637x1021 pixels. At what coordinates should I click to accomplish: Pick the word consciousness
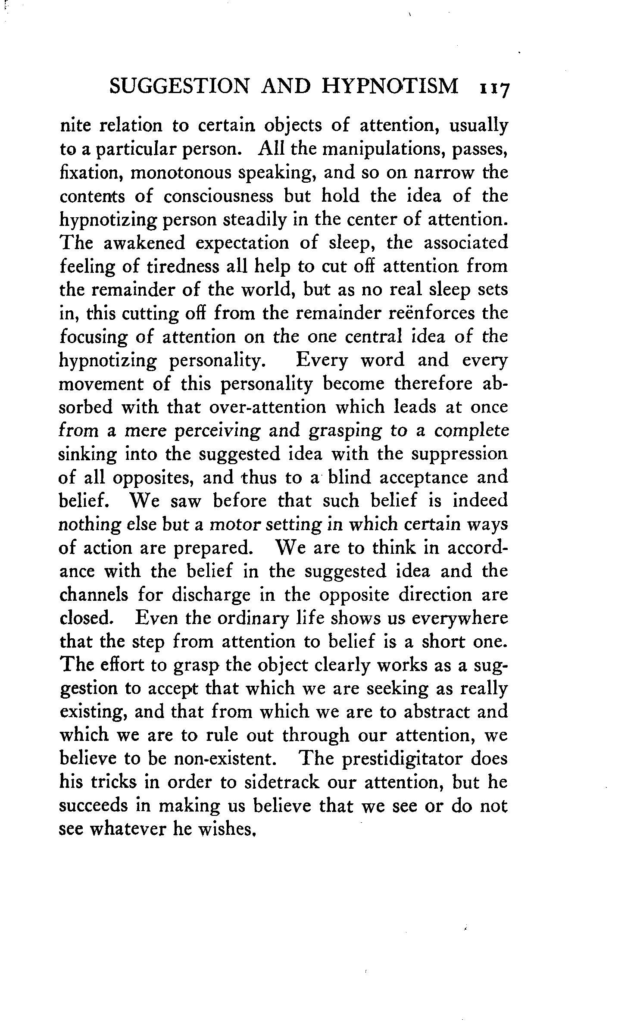(x=219, y=196)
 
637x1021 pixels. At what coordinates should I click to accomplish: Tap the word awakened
(x=145, y=243)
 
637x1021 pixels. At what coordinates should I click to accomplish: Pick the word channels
(x=94, y=595)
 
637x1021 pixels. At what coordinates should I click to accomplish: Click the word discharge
(x=211, y=595)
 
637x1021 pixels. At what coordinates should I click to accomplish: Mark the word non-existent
(x=225, y=759)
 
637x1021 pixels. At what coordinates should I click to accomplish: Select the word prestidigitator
(x=401, y=759)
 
